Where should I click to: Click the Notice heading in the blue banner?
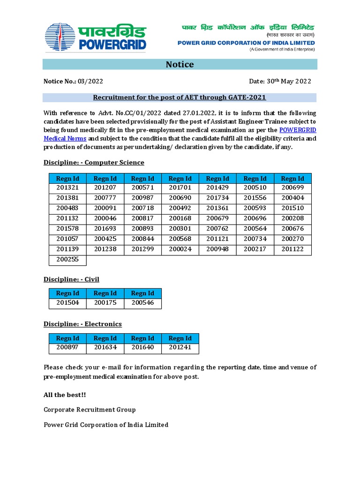[x=180, y=64]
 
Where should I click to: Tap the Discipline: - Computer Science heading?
[x=94, y=162]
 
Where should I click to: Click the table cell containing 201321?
[x=67, y=187]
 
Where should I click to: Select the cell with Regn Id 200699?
[x=292, y=187]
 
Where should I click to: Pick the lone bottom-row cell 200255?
[x=67, y=259]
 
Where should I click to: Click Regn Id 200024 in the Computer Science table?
[x=180, y=249]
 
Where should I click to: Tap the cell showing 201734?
[x=217, y=198]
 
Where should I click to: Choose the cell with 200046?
[x=105, y=218]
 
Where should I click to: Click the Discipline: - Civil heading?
[x=71, y=279]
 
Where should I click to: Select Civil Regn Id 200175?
[x=105, y=303]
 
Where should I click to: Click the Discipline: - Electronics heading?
[x=82, y=324]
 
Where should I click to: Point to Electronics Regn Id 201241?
[x=180, y=348]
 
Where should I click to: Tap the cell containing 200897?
[x=67, y=348]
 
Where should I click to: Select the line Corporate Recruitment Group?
[x=90, y=410]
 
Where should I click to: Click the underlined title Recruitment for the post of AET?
[x=180, y=97]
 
